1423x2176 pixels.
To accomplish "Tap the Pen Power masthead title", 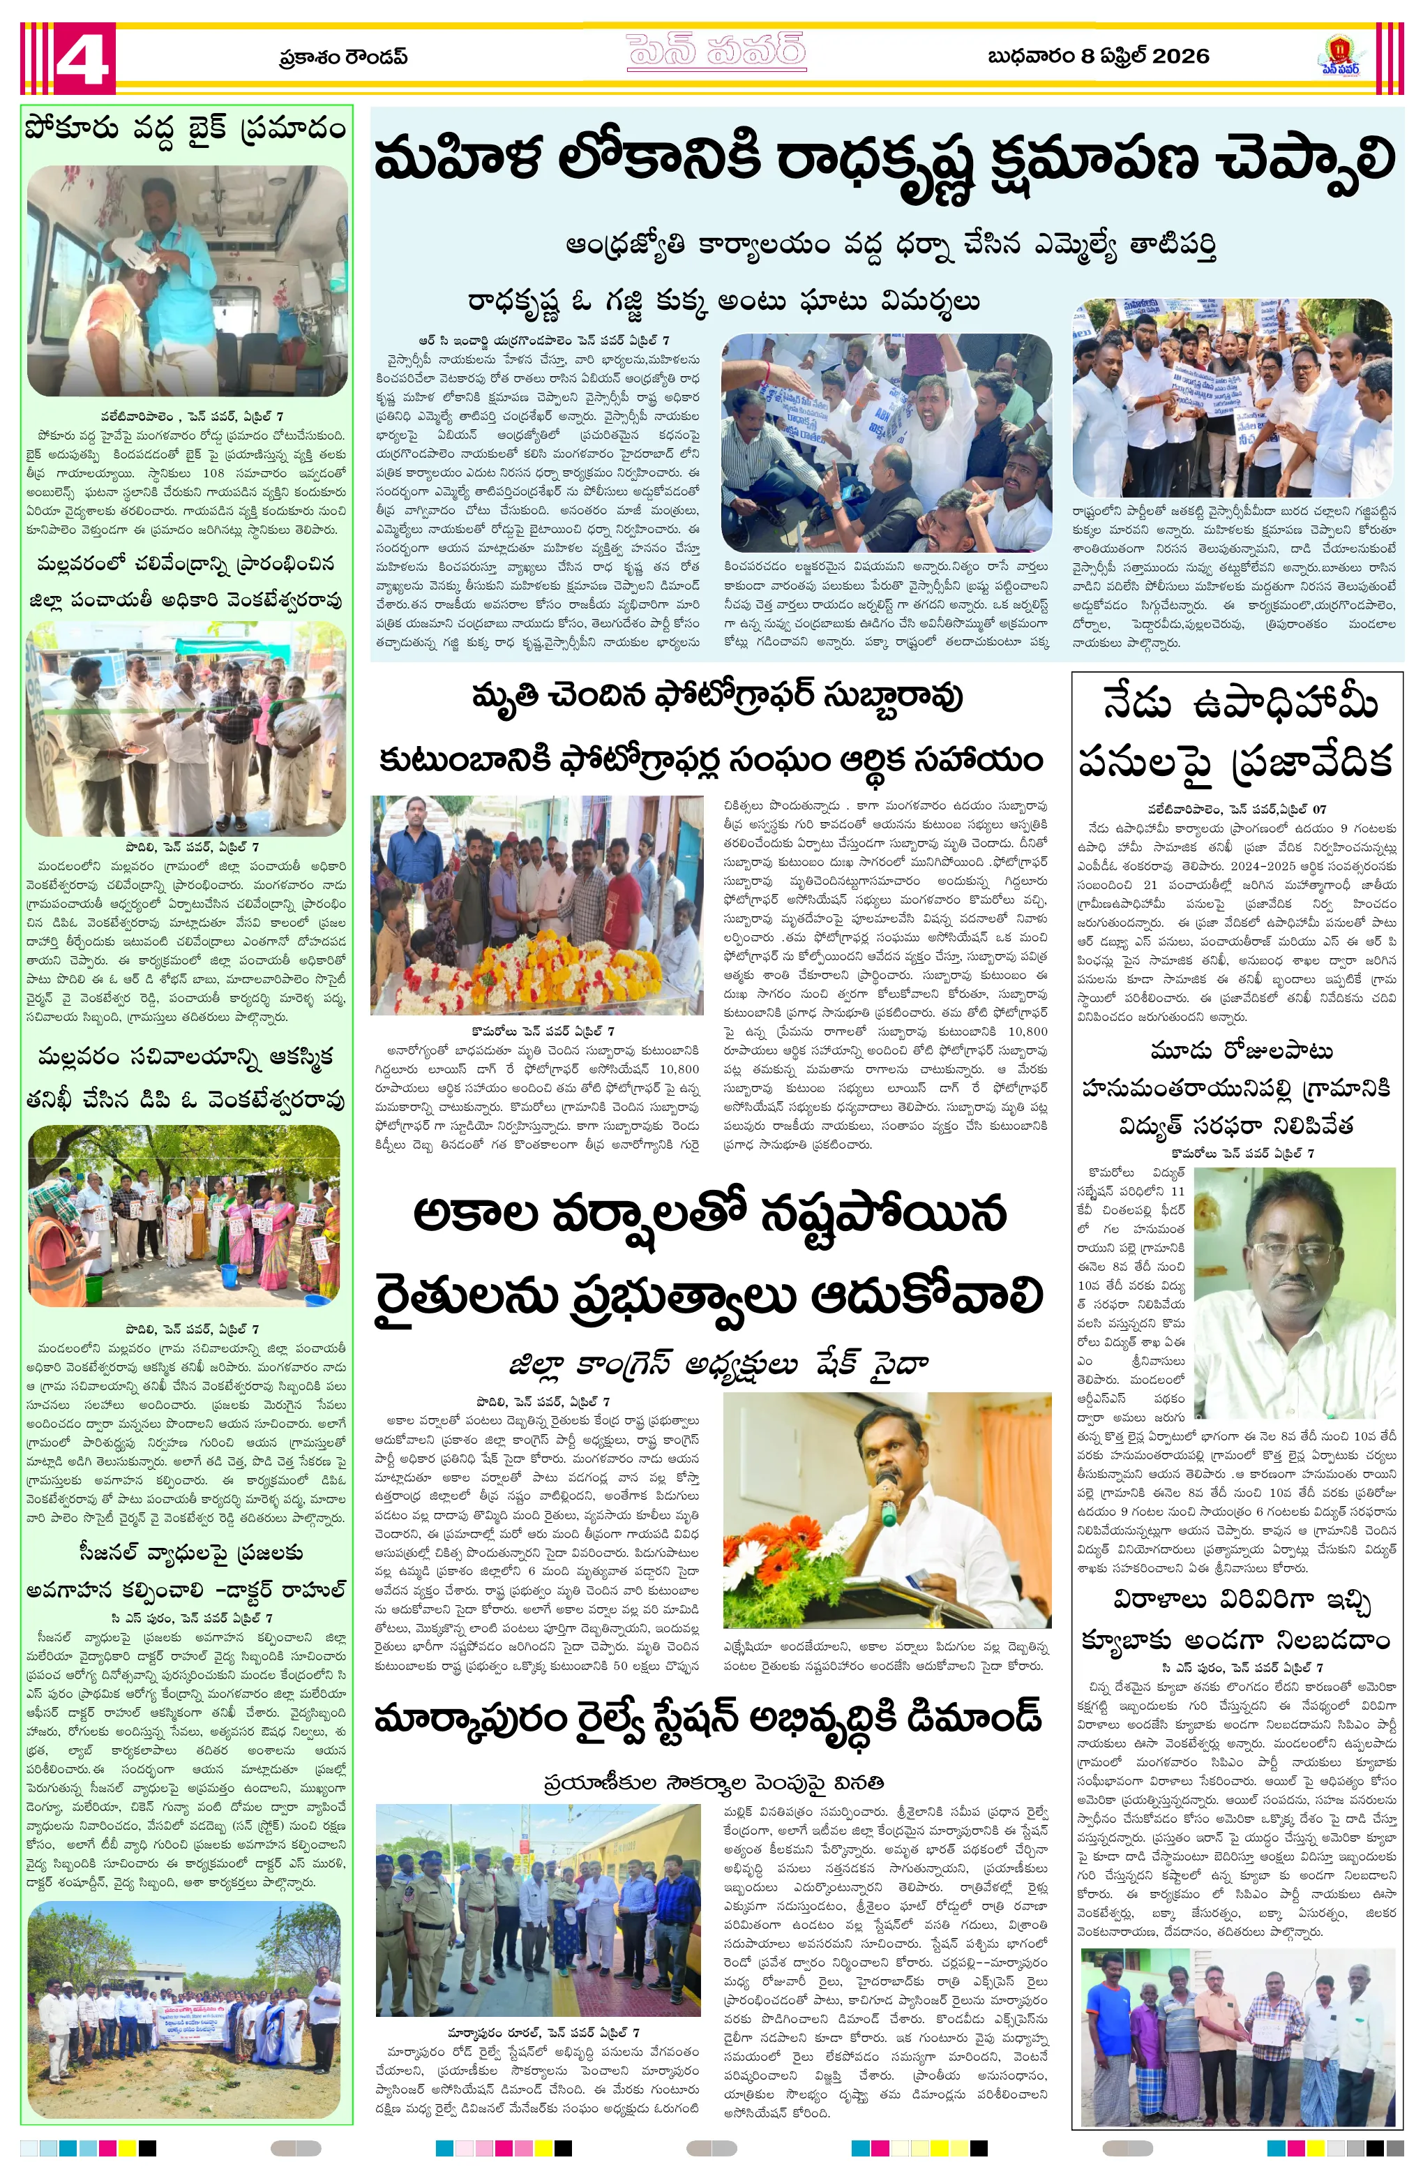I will click(716, 52).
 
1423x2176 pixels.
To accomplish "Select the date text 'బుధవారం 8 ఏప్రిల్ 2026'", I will click(1098, 57).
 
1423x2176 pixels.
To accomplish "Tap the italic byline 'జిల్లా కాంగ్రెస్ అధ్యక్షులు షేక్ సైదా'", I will click(719, 1365).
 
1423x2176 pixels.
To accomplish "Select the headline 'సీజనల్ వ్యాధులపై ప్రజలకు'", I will click(191, 1553).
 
